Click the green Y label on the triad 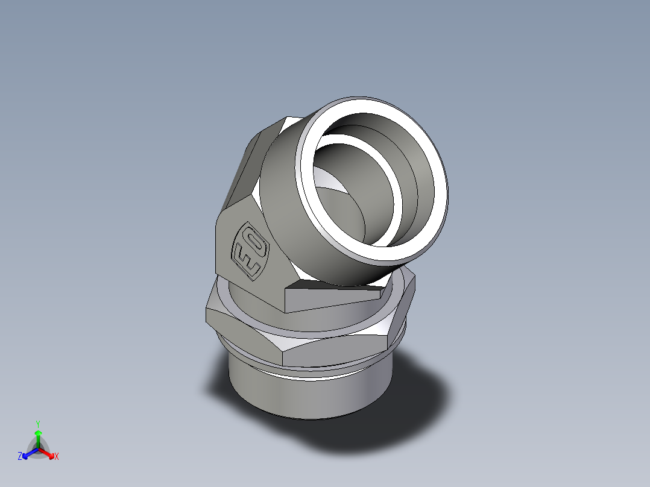(37, 423)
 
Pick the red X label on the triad (57, 456)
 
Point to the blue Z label (20, 456)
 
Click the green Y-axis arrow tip (37, 433)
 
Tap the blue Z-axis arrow (27, 454)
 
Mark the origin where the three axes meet (38, 448)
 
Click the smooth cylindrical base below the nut (308, 395)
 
